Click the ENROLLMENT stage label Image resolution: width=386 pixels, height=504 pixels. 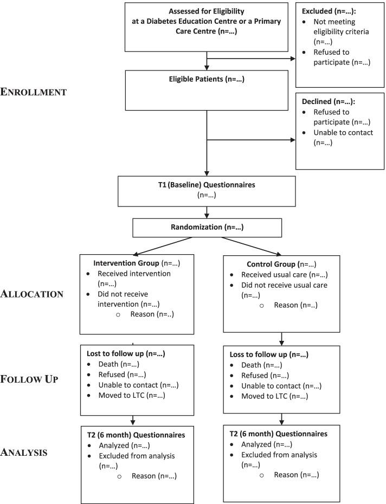(34, 92)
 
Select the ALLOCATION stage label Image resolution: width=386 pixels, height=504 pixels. (33, 294)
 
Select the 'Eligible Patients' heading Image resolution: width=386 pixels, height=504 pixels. (206, 79)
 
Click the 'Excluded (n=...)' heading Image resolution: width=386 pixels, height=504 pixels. (332, 10)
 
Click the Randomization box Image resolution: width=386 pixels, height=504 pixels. (207, 228)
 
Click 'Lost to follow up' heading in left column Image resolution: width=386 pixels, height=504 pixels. (126, 353)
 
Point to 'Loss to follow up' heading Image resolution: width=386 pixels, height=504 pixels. (269, 354)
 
